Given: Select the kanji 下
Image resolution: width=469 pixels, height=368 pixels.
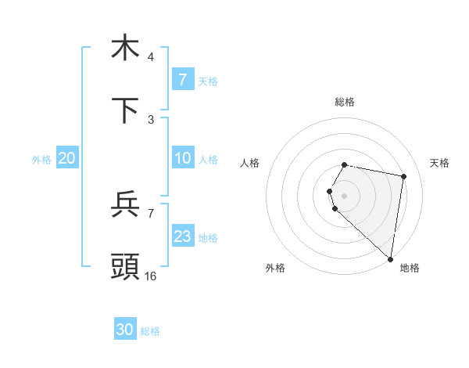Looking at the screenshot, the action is [x=125, y=110].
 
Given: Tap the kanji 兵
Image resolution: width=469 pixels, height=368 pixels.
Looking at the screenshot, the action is [x=125, y=204].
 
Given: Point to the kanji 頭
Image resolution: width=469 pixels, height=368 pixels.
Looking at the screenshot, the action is [x=125, y=266].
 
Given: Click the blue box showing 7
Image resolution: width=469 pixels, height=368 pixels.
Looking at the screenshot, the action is [x=182, y=79].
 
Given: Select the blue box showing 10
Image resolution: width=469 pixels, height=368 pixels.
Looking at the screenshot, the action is [x=182, y=158].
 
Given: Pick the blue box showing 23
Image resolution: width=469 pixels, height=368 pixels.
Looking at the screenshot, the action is [x=182, y=236].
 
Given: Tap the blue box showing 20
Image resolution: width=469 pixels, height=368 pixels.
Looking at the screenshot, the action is [x=66, y=158].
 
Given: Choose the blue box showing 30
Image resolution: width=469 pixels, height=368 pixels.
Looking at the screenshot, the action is [x=125, y=330].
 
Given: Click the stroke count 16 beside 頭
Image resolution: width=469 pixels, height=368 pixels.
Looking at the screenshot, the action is [x=151, y=276].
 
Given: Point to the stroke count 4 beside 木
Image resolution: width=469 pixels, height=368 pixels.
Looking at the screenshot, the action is [x=151, y=57].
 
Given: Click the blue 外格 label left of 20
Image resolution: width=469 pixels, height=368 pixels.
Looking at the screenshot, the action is [x=41, y=160].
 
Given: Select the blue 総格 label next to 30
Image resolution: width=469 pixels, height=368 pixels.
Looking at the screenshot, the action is [x=150, y=331].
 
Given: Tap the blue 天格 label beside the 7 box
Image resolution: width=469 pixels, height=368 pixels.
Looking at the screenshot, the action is [x=208, y=81].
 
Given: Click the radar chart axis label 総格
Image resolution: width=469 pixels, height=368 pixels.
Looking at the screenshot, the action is [x=345, y=102].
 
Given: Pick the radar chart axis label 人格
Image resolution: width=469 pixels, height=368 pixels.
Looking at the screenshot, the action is [x=249, y=163].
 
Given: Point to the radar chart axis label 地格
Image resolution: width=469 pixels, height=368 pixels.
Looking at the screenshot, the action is [x=410, y=268].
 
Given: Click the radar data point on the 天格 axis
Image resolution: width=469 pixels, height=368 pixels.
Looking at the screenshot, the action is [x=403, y=177].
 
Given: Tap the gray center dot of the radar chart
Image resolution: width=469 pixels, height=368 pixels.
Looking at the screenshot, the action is [x=345, y=195].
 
